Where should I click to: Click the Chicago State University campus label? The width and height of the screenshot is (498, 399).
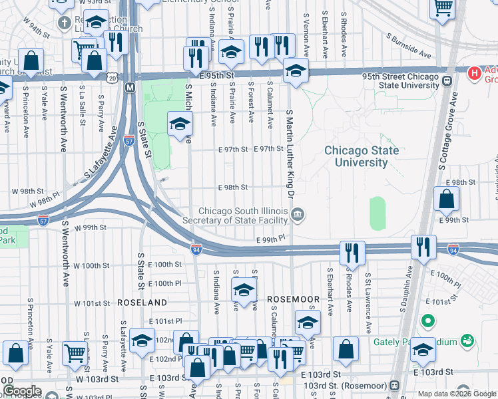[x=362, y=156]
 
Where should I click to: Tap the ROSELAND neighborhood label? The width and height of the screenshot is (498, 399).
[x=142, y=302]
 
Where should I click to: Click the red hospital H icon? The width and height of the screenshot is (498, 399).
[x=474, y=71]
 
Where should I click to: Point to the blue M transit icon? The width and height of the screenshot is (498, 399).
[x=130, y=87]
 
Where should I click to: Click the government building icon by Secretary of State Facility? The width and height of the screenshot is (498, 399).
[x=298, y=213]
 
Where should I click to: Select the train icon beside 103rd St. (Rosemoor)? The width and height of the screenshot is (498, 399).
[x=394, y=385]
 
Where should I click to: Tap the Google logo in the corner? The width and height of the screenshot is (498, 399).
[x=22, y=391]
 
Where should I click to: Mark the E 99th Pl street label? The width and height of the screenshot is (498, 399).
[x=271, y=238]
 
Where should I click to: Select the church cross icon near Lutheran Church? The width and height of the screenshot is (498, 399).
[x=64, y=23]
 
